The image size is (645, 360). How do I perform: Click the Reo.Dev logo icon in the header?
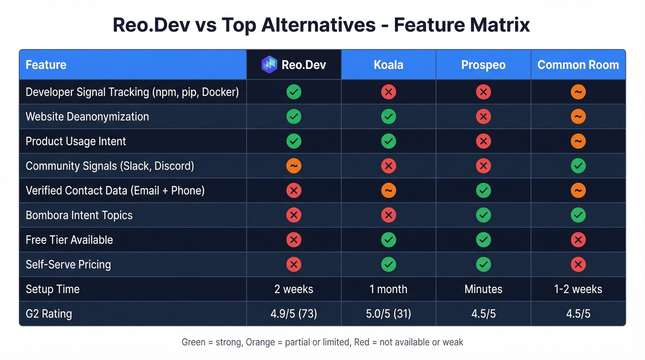(269, 65)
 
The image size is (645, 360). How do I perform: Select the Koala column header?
(388, 65)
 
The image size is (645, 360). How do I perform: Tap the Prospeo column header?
(483, 65)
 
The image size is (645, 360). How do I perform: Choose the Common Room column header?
(578, 65)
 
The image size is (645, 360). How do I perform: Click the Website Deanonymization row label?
(87, 117)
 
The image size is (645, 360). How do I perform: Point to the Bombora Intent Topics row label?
(79, 215)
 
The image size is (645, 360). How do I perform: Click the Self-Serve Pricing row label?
(68, 265)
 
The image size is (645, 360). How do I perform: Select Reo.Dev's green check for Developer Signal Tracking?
(293, 92)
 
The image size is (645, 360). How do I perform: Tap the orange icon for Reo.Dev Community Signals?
(293, 166)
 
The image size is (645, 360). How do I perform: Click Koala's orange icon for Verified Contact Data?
(388, 190)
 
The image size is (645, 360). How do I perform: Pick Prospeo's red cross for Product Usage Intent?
(483, 141)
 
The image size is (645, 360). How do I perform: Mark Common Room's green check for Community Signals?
(578, 166)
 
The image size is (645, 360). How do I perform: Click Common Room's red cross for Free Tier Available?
(578, 240)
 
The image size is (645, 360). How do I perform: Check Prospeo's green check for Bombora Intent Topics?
(483, 215)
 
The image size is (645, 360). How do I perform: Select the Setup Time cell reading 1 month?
(388, 289)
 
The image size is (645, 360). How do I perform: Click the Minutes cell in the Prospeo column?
(483, 289)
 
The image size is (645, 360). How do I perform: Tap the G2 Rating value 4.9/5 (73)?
(293, 314)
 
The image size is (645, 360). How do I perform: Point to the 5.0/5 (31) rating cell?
(388, 314)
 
